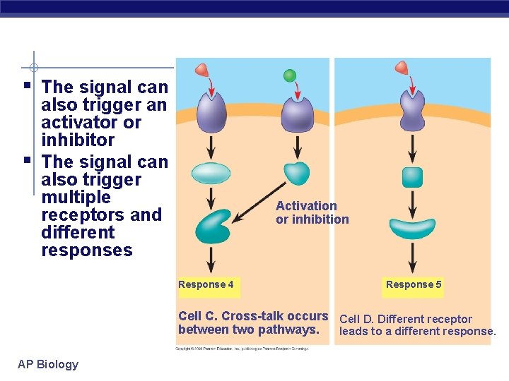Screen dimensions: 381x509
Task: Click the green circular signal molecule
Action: (x=290, y=75)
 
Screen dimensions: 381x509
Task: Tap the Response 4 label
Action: (x=206, y=285)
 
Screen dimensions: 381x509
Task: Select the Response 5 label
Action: (x=414, y=284)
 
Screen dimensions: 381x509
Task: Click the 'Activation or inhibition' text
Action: (x=312, y=212)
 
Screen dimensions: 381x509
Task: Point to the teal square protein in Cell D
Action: (x=412, y=177)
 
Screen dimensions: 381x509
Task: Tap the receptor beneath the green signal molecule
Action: (x=298, y=114)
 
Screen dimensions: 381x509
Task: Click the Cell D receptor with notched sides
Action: (x=412, y=112)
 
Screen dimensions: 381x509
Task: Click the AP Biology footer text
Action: (x=48, y=364)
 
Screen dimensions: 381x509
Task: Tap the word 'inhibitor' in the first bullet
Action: (x=78, y=140)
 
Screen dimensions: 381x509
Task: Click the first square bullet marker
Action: (x=26, y=86)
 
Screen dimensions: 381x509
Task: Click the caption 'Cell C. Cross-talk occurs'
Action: (x=253, y=316)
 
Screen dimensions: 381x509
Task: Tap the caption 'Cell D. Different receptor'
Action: (x=406, y=319)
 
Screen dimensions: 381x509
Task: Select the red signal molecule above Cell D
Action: (x=402, y=68)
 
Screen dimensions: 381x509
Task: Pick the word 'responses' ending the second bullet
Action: (x=87, y=250)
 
